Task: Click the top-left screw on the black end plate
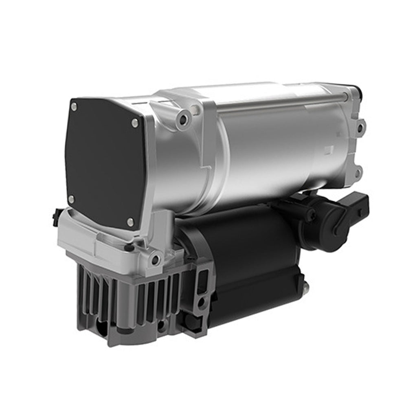tap(74, 107)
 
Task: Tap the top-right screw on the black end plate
tap(135, 122)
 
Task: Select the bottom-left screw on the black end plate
tap(71, 200)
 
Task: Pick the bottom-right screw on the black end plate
tap(130, 222)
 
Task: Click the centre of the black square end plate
tap(104, 163)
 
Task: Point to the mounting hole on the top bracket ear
tap(184, 119)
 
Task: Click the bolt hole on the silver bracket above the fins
tap(155, 259)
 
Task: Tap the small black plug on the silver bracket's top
tap(129, 247)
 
